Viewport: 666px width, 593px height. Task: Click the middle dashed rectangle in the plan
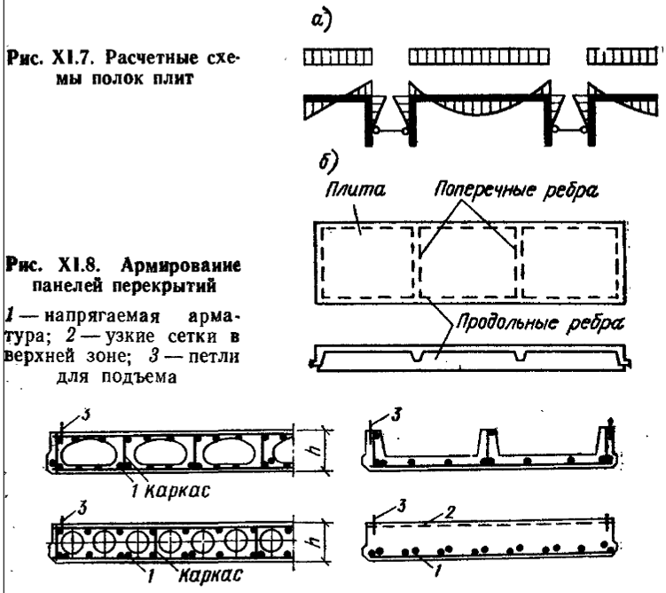[x=465, y=259]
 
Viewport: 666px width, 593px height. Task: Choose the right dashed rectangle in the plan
[x=566, y=259]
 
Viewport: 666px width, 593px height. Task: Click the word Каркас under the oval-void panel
[x=165, y=488]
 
